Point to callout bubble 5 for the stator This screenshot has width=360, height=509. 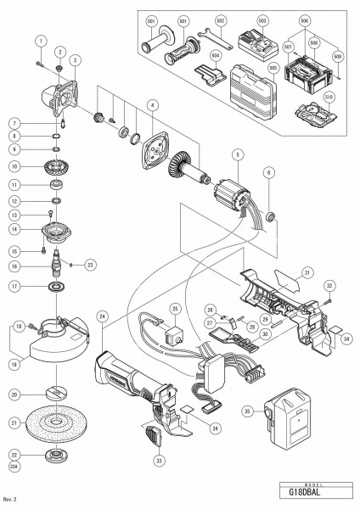240,154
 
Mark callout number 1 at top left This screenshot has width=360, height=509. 40,40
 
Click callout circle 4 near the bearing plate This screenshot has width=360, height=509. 152,105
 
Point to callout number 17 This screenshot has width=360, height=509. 40,286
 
